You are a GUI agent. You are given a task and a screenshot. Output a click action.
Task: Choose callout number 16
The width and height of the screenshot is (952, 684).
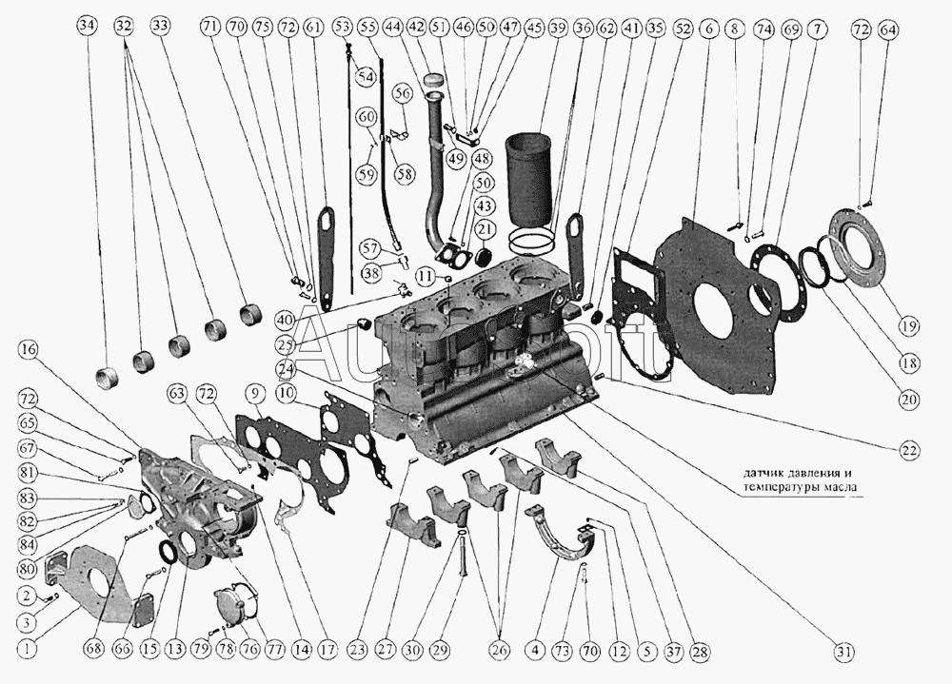29,349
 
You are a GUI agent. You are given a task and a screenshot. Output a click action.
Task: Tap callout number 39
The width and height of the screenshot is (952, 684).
559,29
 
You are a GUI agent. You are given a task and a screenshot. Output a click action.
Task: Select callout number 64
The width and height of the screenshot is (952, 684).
887,29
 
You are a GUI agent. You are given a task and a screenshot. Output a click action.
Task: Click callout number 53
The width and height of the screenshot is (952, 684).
341,29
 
